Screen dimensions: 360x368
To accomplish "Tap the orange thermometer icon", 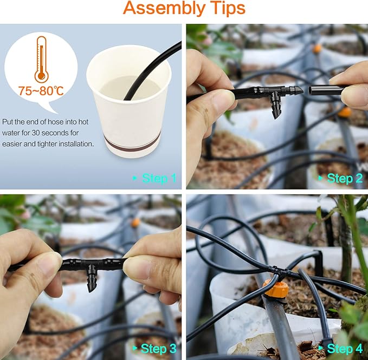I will coord(41,59).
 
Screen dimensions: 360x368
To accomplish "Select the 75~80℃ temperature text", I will coord(41,90).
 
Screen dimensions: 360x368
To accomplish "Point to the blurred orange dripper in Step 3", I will coord(135,222).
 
